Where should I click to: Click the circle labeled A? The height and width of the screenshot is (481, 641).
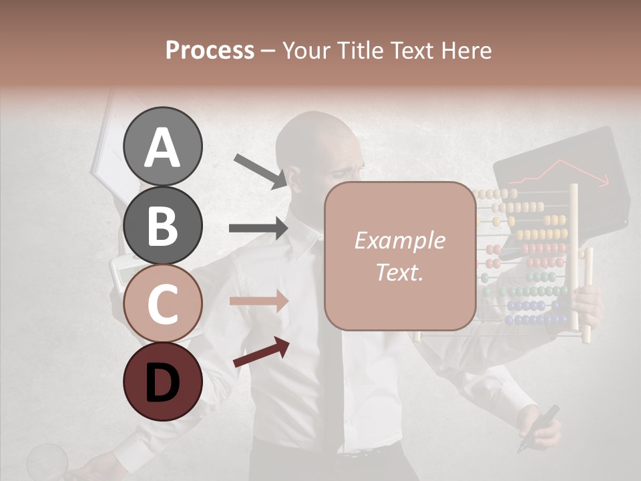tap(162, 146)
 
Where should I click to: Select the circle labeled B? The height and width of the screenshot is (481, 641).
tap(162, 225)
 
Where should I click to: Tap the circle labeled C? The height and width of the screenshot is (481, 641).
tap(162, 303)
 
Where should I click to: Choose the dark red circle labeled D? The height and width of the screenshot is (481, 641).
tap(162, 381)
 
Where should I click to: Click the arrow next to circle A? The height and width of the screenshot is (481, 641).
tap(260, 170)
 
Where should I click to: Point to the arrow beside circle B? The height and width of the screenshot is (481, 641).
tap(258, 228)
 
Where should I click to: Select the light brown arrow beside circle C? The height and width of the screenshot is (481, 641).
tap(258, 301)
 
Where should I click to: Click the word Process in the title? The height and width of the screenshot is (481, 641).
tap(210, 50)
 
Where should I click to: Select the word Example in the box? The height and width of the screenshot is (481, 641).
tap(399, 240)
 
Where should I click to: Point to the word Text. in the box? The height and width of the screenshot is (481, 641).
tap(399, 272)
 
